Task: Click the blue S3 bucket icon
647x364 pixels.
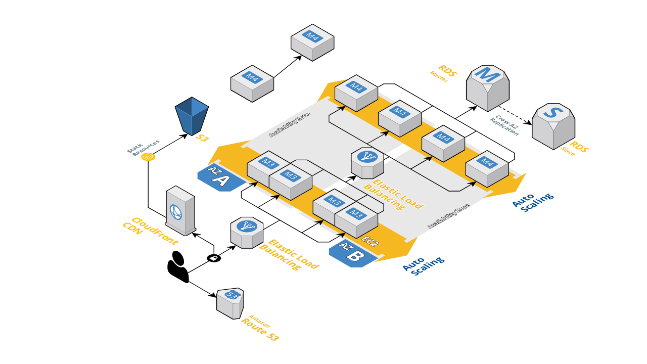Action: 192,116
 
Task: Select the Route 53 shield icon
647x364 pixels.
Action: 230,303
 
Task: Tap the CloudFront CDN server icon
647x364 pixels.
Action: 180,210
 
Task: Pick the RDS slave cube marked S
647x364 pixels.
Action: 553,126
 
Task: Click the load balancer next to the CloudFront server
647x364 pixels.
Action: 247,232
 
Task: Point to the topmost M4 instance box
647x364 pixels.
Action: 312,42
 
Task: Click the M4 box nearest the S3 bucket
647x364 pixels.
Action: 252,83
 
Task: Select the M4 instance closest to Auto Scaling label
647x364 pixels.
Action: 486,169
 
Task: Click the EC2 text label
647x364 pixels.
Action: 369,242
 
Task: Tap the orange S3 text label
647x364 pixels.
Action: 202,138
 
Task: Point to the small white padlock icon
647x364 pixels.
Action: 213,258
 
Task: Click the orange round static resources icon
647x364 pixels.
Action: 148,157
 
